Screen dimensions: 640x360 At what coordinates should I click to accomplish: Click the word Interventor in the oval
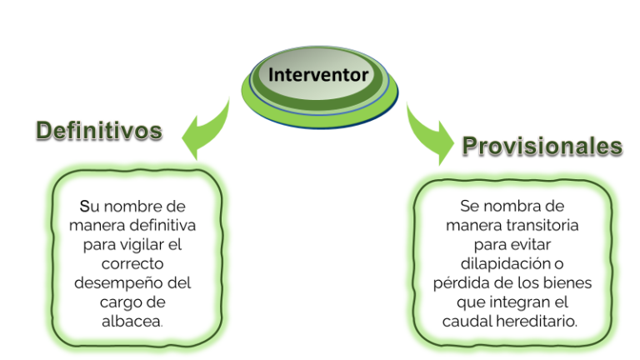coord(318,75)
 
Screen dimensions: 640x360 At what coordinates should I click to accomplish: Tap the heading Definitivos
coord(99,131)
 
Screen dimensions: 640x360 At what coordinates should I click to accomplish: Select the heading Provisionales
coord(542,146)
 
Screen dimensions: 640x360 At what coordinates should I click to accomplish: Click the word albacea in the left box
coord(131,321)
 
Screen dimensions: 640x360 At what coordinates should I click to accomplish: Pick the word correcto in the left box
coord(132,263)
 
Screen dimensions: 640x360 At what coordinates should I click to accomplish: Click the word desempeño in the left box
coord(121,282)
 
